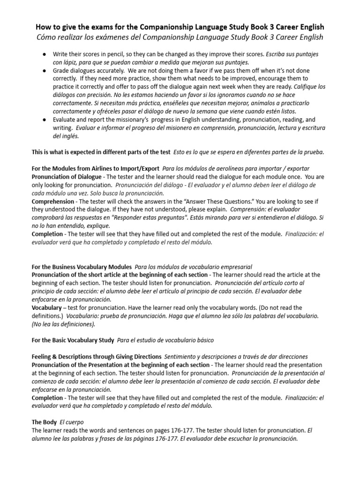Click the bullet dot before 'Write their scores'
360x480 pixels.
point(44,54)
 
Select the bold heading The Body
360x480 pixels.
point(45,421)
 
